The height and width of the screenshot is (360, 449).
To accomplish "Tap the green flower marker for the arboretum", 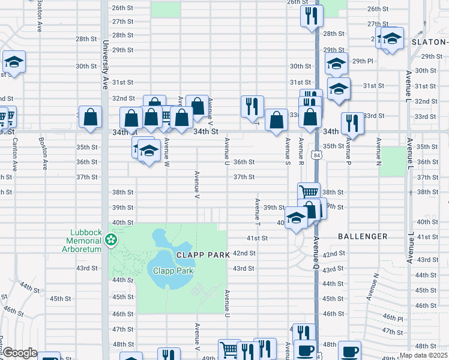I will [110, 240].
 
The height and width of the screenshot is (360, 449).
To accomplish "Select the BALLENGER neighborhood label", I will [362, 236].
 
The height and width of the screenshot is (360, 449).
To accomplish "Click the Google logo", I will [20, 353].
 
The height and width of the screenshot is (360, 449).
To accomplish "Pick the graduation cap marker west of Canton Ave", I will [14, 62].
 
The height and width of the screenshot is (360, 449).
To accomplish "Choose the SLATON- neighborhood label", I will [430, 42].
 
